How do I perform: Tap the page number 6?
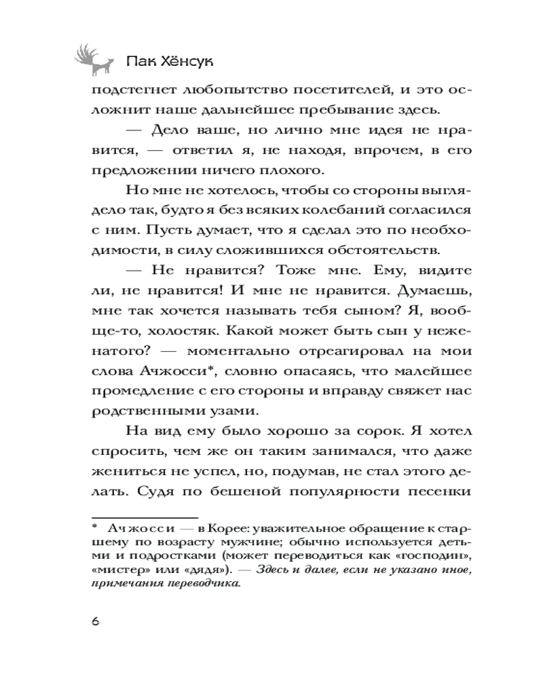pos(94,623)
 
